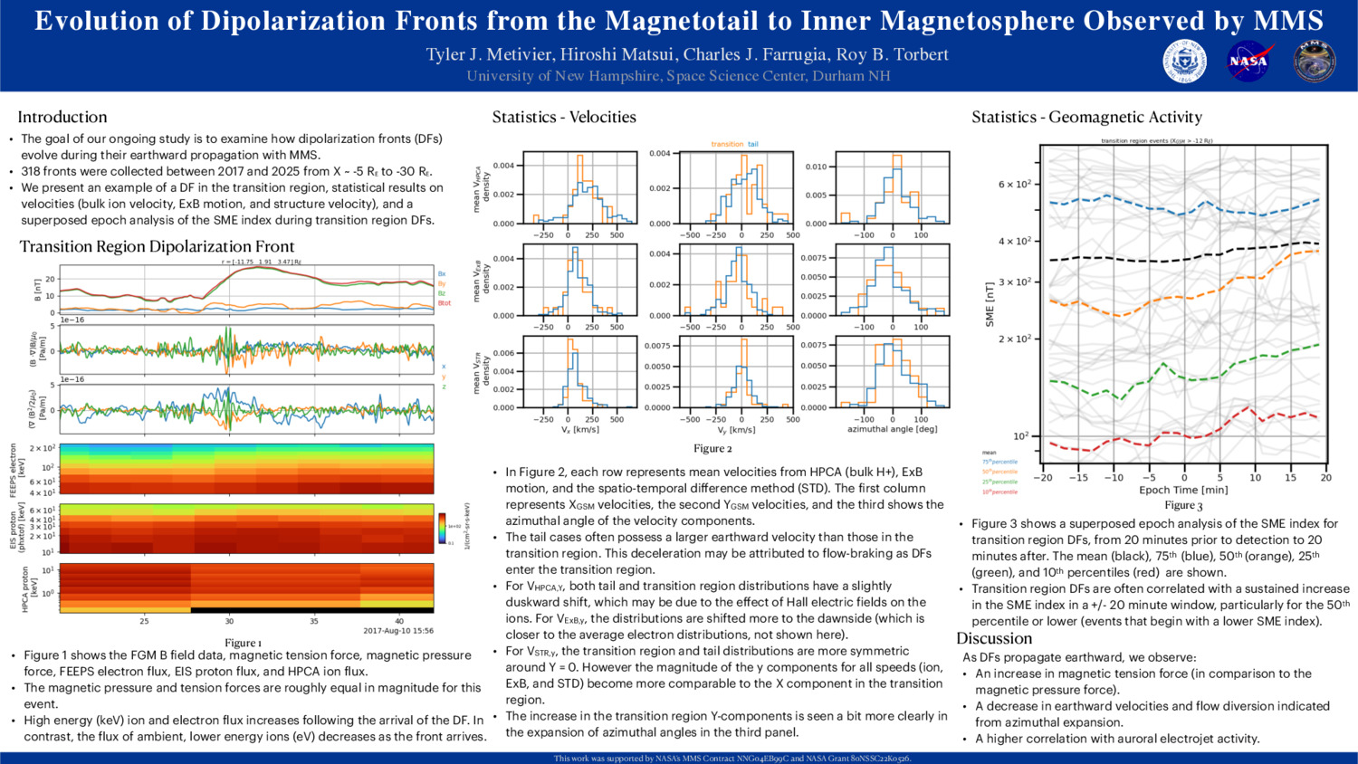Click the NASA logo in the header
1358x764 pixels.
coord(1249,62)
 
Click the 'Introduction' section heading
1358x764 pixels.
coord(62,117)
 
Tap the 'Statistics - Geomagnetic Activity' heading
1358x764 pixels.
coord(1086,117)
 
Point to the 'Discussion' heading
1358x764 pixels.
coord(994,638)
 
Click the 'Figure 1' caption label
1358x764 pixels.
coord(243,643)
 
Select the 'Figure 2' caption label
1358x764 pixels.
coord(712,448)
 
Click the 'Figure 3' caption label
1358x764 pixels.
coord(1183,505)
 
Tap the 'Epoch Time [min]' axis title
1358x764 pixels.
coord(1183,490)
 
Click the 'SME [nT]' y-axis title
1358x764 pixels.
coord(990,303)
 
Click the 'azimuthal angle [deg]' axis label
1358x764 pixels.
coord(892,429)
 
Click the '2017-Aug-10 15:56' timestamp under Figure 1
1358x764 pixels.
coord(398,631)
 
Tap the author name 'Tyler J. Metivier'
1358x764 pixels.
coord(489,54)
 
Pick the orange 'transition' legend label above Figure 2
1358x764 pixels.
coord(726,144)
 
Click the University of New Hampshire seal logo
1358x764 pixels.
coord(1184,62)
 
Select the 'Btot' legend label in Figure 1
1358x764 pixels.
coord(444,303)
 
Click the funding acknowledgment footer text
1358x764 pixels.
coord(732,759)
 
